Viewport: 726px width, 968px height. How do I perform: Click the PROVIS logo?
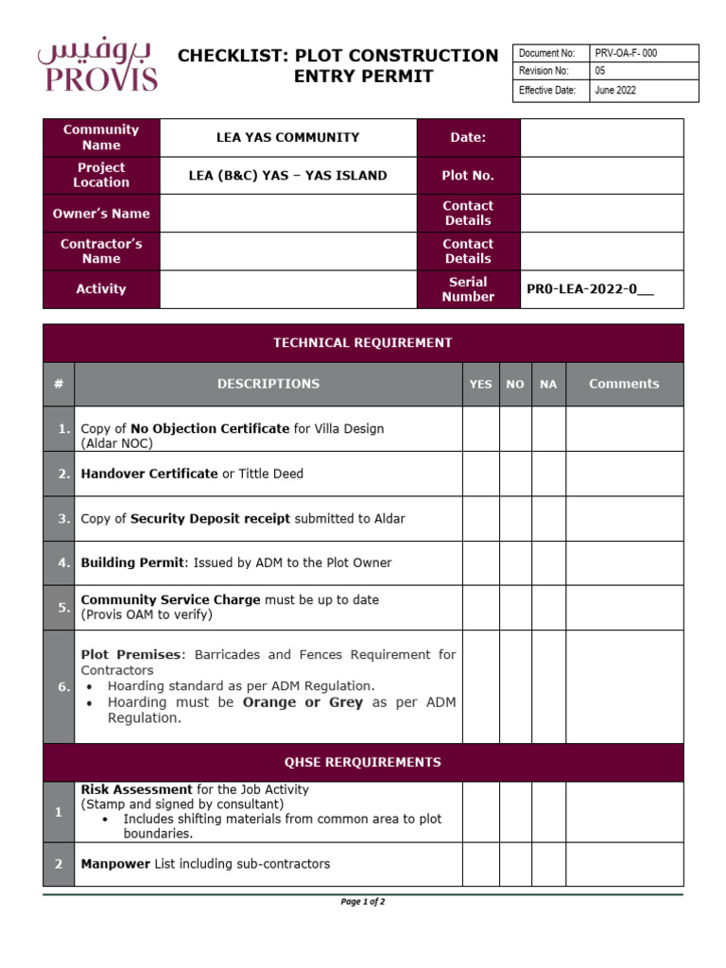coord(97,66)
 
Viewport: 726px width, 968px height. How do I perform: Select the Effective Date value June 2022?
coord(615,91)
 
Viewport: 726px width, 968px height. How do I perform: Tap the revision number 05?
coord(600,72)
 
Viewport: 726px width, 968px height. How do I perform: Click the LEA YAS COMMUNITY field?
coord(288,138)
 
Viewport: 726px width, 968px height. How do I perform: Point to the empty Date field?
coord(601,138)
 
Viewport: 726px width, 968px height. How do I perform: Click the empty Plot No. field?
coord(601,176)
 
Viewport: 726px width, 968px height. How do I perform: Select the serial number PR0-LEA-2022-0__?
coord(591,289)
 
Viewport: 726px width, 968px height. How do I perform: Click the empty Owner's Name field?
coord(288,214)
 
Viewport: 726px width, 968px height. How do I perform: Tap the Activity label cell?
coord(101,289)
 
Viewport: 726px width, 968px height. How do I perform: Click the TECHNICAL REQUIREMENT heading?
coord(363,343)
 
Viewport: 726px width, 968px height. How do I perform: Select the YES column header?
coord(481,384)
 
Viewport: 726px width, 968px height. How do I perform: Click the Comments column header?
coord(624,384)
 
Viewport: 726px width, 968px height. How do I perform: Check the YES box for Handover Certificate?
coord(481,474)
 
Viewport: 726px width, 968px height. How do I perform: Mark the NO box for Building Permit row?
coord(515,562)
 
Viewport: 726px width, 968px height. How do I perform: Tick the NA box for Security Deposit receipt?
coord(548,519)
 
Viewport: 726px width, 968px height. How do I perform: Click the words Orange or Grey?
coord(302,702)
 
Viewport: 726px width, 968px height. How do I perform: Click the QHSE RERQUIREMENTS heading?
coord(363,762)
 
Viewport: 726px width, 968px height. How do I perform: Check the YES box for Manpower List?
coord(481,864)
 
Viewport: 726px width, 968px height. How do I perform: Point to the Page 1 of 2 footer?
coord(363,902)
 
